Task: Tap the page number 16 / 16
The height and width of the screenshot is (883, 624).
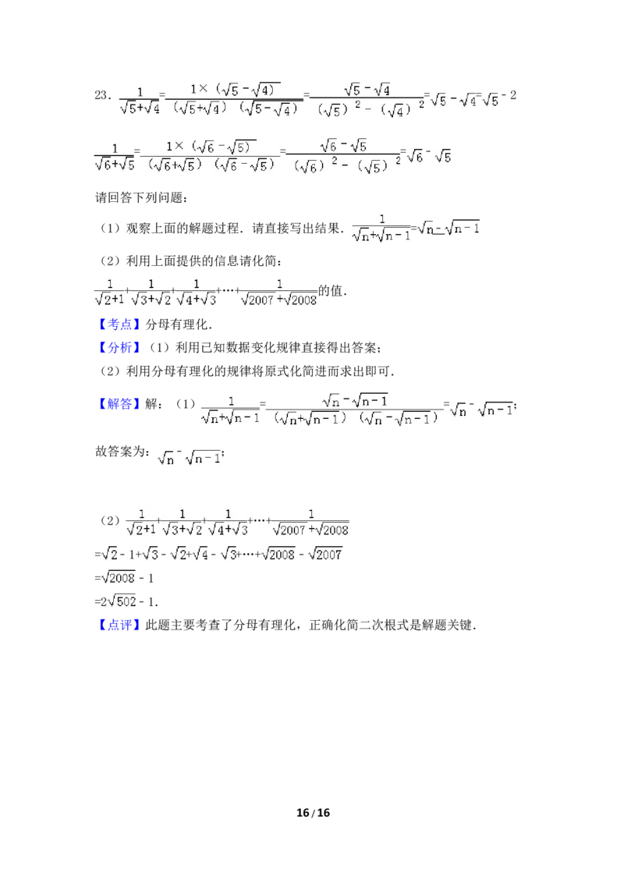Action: pyautogui.click(x=313, y=813)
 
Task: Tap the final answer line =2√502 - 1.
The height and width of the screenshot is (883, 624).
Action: pyautogui.click(x=126, y=601)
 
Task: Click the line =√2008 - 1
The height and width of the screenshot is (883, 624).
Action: pyautogui.click(x=124, y=578)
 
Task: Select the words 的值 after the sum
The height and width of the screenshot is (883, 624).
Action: pyautogui.click(x=331, y=291)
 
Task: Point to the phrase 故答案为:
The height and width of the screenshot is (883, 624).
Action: pyautogui.click(x=122, y=452)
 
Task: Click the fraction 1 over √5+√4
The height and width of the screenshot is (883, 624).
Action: pyautogui.click(x=140, y=101)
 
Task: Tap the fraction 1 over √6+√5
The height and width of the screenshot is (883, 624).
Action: pyautogui.click(x=115, y=157)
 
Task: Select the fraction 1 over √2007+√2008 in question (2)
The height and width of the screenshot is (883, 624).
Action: pyautogui.click(x=278, y=293)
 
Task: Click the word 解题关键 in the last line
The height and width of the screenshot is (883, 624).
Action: pyautogui.click(x=448, y=625)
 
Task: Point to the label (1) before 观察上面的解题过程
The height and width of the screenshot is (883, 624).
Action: pyautogui.click(x=111, y=228)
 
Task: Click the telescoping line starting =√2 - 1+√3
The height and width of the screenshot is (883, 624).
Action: pyautogui.click(x=218, y=554)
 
